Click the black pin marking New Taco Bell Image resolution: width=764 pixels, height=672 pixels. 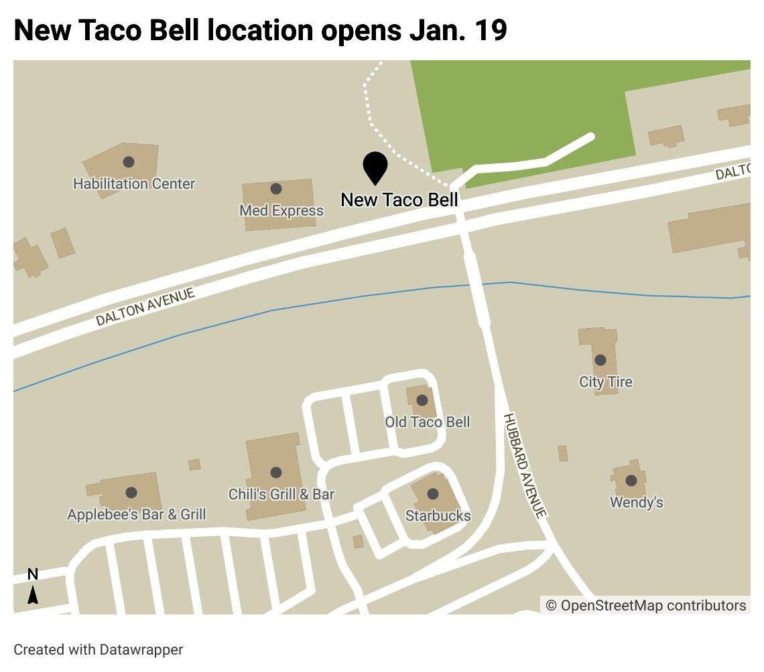point(375,165)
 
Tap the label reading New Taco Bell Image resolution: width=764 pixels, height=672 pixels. point(399,199)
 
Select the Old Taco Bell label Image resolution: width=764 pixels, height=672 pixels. point(427,422)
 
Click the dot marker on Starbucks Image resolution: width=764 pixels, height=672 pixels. point(432,494)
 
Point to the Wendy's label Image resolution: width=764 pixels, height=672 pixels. point(636,502)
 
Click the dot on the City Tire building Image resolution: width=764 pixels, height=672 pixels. point(600,360)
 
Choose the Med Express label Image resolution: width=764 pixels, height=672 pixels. point(281,211)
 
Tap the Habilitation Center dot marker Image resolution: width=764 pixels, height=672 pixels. point(129,162)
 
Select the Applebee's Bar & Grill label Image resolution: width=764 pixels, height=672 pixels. point(137,514)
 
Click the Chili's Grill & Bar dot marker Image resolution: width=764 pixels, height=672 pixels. point(276,473)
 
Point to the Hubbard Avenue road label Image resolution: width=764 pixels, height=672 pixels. point(525,465)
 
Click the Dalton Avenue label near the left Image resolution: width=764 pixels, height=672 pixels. point(145,307)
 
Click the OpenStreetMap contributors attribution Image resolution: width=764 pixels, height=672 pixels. point(645,605)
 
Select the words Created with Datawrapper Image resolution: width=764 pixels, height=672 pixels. point(99,649)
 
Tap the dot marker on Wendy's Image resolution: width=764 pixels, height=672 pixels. point(631,481)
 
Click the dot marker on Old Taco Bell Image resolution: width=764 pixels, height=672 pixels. point(422,400)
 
